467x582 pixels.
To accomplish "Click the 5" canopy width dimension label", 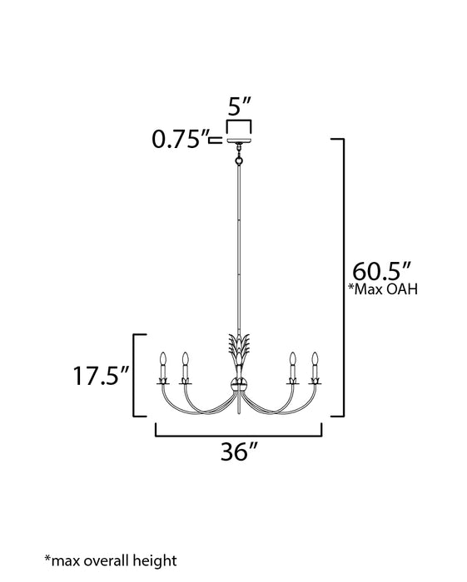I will click(x=239, y=108).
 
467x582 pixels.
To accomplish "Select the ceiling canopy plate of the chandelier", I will click(x=239, y=141).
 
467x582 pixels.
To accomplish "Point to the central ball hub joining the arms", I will click(x=239, y=385).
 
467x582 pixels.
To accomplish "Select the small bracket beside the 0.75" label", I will click(x=216, y=141).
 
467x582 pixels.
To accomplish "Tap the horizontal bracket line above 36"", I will click(x=239, y=434).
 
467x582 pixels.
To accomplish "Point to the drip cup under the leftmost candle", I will click(x=163, y=380).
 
